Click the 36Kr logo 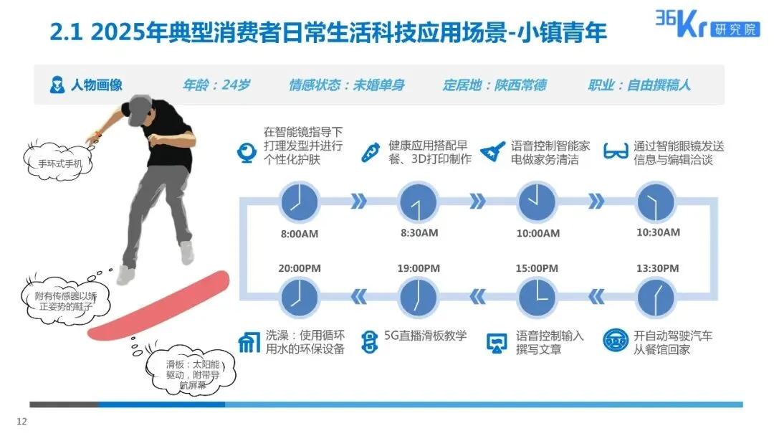point(705,25)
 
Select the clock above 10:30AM point(657,202)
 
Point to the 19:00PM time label point(419,268)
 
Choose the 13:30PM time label point(658,268)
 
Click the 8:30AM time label point(419,233)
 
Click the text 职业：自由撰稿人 point(639,85)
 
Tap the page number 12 point(21,422)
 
